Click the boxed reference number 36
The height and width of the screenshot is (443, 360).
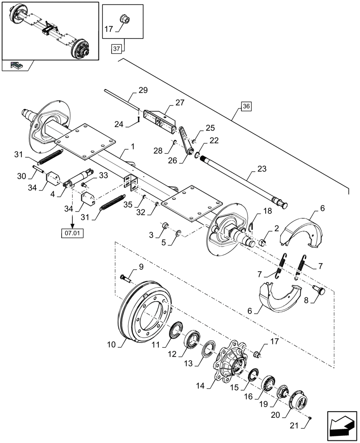(247, 106)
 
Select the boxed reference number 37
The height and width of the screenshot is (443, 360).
(116, 49)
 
